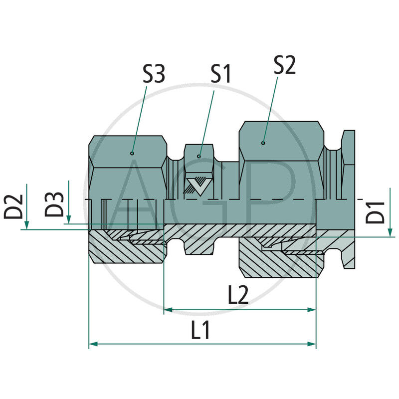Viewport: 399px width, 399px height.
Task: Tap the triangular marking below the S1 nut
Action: (x=198, y=186)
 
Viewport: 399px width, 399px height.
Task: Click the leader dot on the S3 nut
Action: (x=132, y=153)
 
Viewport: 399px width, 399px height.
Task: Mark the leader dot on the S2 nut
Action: (x=263, y=143)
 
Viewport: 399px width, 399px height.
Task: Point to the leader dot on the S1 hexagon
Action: (x=199, y=157)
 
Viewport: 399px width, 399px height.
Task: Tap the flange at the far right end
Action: (x=349, y=199)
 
